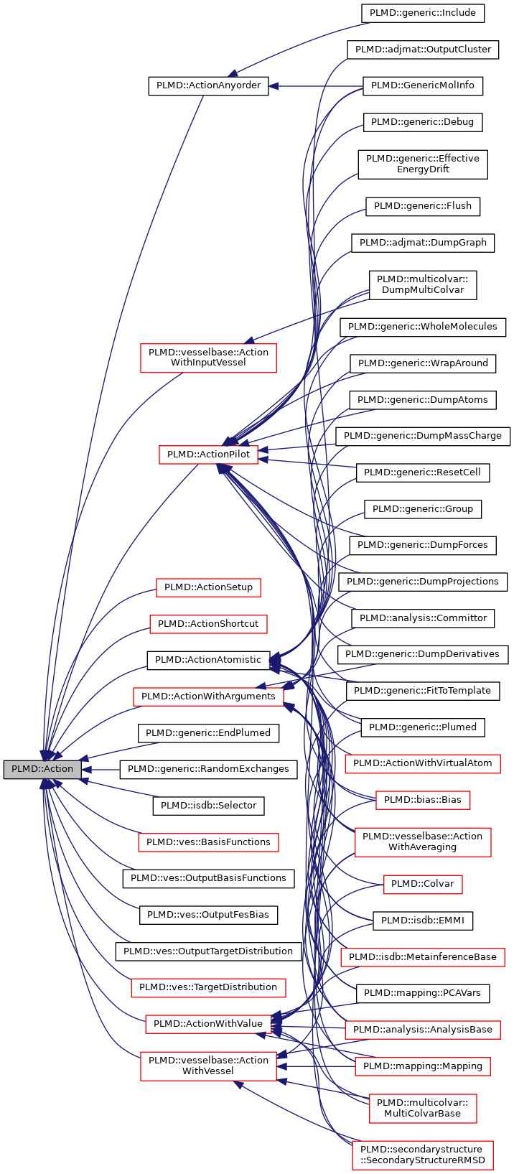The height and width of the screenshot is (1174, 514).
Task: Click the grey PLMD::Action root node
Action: (42, 769)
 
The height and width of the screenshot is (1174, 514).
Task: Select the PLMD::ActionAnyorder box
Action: (208, 86)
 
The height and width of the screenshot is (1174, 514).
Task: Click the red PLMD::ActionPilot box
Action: (208, 455)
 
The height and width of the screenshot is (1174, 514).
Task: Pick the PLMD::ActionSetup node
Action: (208, 587)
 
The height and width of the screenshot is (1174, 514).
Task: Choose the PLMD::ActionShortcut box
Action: (208, 623)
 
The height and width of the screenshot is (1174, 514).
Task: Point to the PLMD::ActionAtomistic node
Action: (208, 660)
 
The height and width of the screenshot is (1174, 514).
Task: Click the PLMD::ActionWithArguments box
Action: (208, 697)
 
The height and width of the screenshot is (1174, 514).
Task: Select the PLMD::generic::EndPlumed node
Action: (208, 733)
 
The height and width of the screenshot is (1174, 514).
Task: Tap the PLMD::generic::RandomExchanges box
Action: (208, 769)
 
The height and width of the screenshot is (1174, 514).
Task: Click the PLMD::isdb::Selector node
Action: (208, 806)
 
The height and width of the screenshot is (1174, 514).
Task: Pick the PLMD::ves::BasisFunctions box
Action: (208, 842)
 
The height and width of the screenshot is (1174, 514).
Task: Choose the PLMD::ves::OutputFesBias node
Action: (208, 915)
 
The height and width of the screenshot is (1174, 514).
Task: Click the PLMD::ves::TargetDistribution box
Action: (208, 987)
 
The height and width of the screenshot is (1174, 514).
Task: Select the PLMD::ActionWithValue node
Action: (208, 1024)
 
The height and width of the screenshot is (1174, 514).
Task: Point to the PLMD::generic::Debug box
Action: (423, 122)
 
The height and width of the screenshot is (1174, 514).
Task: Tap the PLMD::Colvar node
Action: (423, 884)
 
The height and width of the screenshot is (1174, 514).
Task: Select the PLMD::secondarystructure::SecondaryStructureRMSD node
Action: (423, 1155)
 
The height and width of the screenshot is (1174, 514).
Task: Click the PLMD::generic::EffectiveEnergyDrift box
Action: (423, 164)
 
